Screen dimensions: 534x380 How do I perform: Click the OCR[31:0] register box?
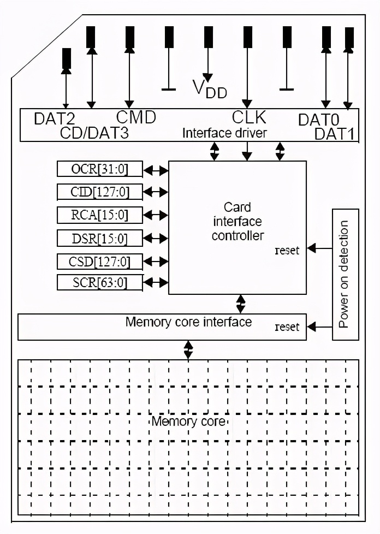coord(100,170)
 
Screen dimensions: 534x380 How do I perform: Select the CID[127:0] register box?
coord(100,192)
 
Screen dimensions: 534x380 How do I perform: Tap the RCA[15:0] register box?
coord(100,215)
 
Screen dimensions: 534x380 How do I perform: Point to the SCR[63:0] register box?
coord(100,283)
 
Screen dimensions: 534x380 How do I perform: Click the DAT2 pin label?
coord(54,118)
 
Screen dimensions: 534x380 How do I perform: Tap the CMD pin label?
coord(136,117)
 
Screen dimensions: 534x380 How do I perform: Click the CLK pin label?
coord(249,117)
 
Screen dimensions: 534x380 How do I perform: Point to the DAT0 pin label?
coord(319,119)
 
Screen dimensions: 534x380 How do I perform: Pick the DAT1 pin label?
coord(335,134)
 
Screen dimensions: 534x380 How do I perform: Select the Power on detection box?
coord(346,274)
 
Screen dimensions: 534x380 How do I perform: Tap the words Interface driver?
coord(224,133)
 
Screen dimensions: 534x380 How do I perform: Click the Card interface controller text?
coord(238,222)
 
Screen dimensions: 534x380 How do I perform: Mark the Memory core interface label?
coord(188,322)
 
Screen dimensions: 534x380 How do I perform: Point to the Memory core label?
coord(188,422)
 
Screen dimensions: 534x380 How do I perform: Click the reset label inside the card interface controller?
coord(287,250)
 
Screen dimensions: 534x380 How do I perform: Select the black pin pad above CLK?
coord(247,37)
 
